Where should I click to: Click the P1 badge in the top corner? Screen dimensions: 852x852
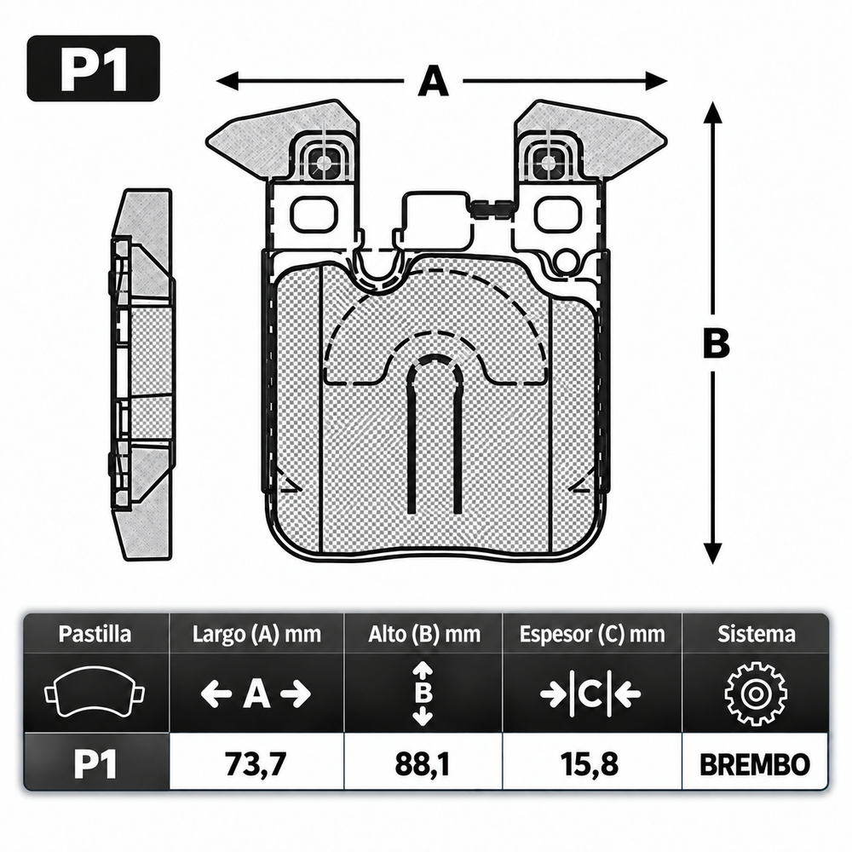pyautogui.click(x=94, y=68)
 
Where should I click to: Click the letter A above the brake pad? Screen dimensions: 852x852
pyautogui.click(x=433, y=81)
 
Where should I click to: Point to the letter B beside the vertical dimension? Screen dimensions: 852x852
pyautogui.click(x=717, y=344)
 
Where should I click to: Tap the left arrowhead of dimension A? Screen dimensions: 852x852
pyautogui.click(x=227, y=82)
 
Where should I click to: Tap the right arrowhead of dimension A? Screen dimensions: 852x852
pyautogui.click(x=656, y=82)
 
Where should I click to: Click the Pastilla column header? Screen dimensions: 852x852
pyautogui.click(x=95, y=634)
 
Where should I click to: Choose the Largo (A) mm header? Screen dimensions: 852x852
pyautogui.click(x=256, y=635)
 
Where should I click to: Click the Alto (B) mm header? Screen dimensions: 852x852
pyautogui.click(x=423, y=635)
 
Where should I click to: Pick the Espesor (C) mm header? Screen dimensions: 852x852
pyautogui.click(x=592, y=635)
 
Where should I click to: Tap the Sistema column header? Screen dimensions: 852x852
pyautogui.click(x=757, y=634)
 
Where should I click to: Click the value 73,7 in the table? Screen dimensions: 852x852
pyautogui.click(x=256, y=764)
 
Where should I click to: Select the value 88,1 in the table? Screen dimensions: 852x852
pyautogui.click(x=423, y=764)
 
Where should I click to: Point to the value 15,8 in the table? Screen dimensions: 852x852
pyautogui.click(x=590, y=764)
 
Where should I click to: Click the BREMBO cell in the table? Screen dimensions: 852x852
pyautogui.click(x=755, y=764)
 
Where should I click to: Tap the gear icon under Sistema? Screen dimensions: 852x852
pyautogui.click(x=755, y=694)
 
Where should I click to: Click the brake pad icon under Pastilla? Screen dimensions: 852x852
pyautogui.click(x=95, y=691)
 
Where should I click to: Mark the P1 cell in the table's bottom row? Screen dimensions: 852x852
pyautogui.click(x=95, y=764)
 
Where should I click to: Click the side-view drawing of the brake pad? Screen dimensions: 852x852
pyautogui.click(x=142, y=374)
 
